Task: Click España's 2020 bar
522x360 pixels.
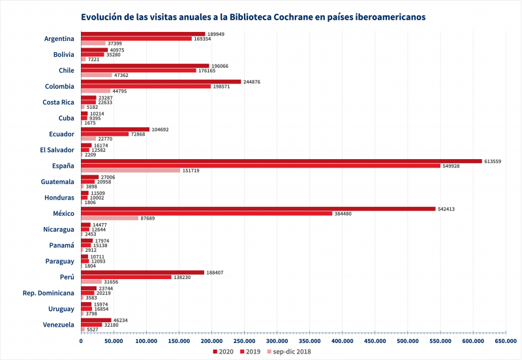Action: click(281, 161)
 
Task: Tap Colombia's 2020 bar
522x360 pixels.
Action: click(161, 82)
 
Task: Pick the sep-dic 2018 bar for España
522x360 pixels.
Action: click(130, 171)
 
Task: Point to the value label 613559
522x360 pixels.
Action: click(493, 161)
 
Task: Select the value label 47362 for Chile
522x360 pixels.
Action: click(122, 76)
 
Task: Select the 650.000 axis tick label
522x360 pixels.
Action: click(504, 340)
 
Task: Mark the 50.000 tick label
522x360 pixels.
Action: click(114, 340)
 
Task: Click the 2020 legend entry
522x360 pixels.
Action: click(223, 352)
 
